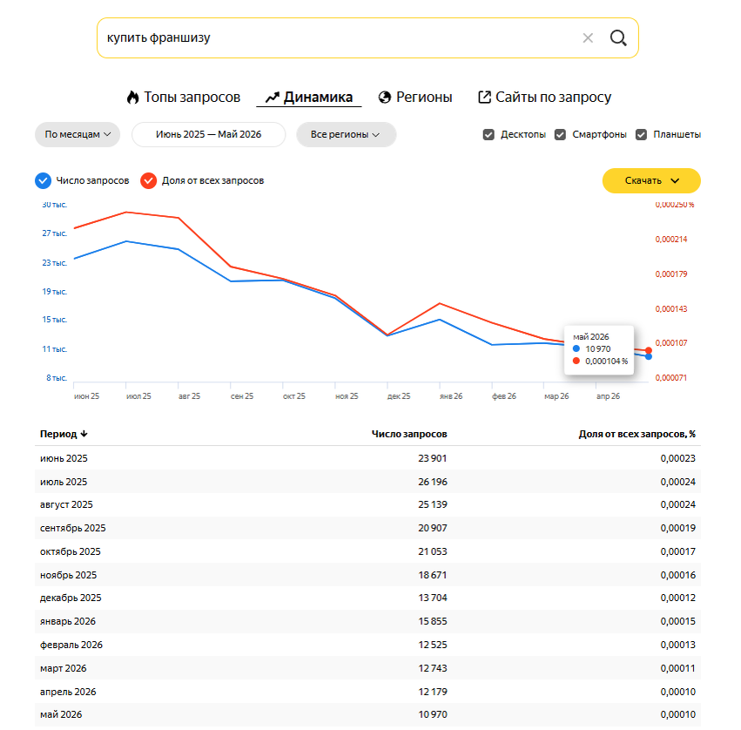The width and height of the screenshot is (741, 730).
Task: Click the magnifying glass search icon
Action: [x=618, y=37]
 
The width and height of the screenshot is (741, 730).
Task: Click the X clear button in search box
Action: [x=588, y=37]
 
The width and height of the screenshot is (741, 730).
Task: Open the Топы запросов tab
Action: [x=184, y=97]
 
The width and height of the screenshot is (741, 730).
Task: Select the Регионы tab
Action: [x=415, y=97]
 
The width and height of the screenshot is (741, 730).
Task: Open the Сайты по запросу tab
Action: [x=545, y=97]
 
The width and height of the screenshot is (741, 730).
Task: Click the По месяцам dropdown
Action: [x=77, y=134]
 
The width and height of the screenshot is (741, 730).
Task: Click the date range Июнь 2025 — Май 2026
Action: [x=208, y=134]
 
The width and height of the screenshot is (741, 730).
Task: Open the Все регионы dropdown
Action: [x=346, y=134]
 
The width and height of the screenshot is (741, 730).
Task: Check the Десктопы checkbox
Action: [x=488, y=135]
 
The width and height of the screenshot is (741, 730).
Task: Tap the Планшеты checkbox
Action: [x=641, y=135]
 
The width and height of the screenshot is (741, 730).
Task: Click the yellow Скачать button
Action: [x=651, y=180]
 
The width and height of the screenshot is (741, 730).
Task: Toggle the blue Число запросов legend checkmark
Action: [x=43, y=180]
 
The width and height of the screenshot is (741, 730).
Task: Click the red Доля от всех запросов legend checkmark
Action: [x=148, y=180]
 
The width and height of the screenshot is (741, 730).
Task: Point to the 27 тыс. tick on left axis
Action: [x=54, y=233]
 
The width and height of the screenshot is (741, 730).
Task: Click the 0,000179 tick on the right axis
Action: [x=671, y=274]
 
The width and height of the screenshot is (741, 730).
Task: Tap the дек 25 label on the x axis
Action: [x=399, y=396]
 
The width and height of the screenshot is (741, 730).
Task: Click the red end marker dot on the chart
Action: [x=649, y=350]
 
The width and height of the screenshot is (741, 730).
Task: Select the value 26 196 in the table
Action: [x=433, y=482]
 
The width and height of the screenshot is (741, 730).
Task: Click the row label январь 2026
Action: [x=68, y=621]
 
